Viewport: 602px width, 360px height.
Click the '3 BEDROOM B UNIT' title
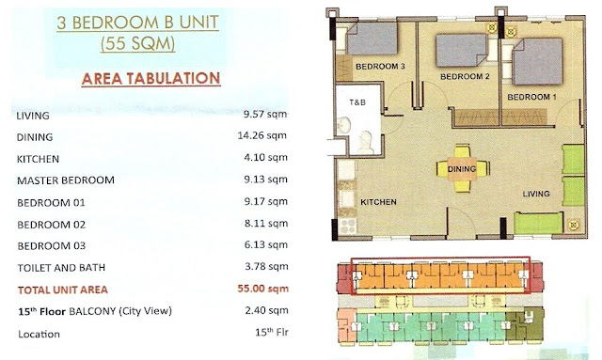click(138, 23)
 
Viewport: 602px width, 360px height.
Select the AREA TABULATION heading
click(150, 79)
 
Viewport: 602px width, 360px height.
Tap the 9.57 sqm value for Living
click(265, 114)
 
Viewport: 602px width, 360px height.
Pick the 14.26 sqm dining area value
click(262, 135)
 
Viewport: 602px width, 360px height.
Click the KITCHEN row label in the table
click(38, 159)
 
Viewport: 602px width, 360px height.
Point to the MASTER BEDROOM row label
click(66, 180)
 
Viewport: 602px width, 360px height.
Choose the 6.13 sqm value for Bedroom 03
click(266, 245)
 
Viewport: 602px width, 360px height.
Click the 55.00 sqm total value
click(263, 289)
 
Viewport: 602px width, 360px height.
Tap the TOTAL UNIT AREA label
click(63, 290)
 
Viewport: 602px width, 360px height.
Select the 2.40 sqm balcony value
click(266, 310)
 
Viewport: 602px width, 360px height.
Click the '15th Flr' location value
click(272, 332)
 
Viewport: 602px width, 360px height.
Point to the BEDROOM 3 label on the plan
click(380, 67)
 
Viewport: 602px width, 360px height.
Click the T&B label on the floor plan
click(357, 102)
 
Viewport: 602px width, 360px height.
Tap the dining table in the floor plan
click(462, 168)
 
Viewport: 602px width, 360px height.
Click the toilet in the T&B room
click(365, 142)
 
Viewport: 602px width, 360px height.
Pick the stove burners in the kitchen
click(348, 226)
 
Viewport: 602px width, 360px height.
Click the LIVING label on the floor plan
click(536, 194)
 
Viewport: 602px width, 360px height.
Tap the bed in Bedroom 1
click(537, 61)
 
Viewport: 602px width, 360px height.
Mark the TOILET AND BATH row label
click(61, 268)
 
